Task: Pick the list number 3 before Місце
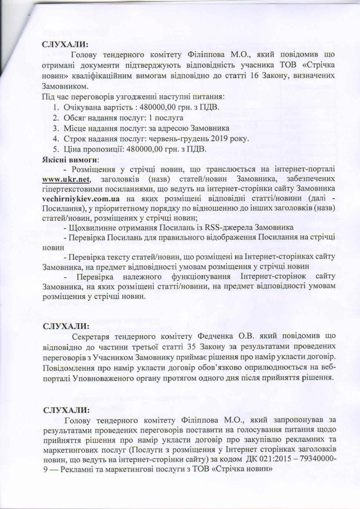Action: point(56,128)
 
